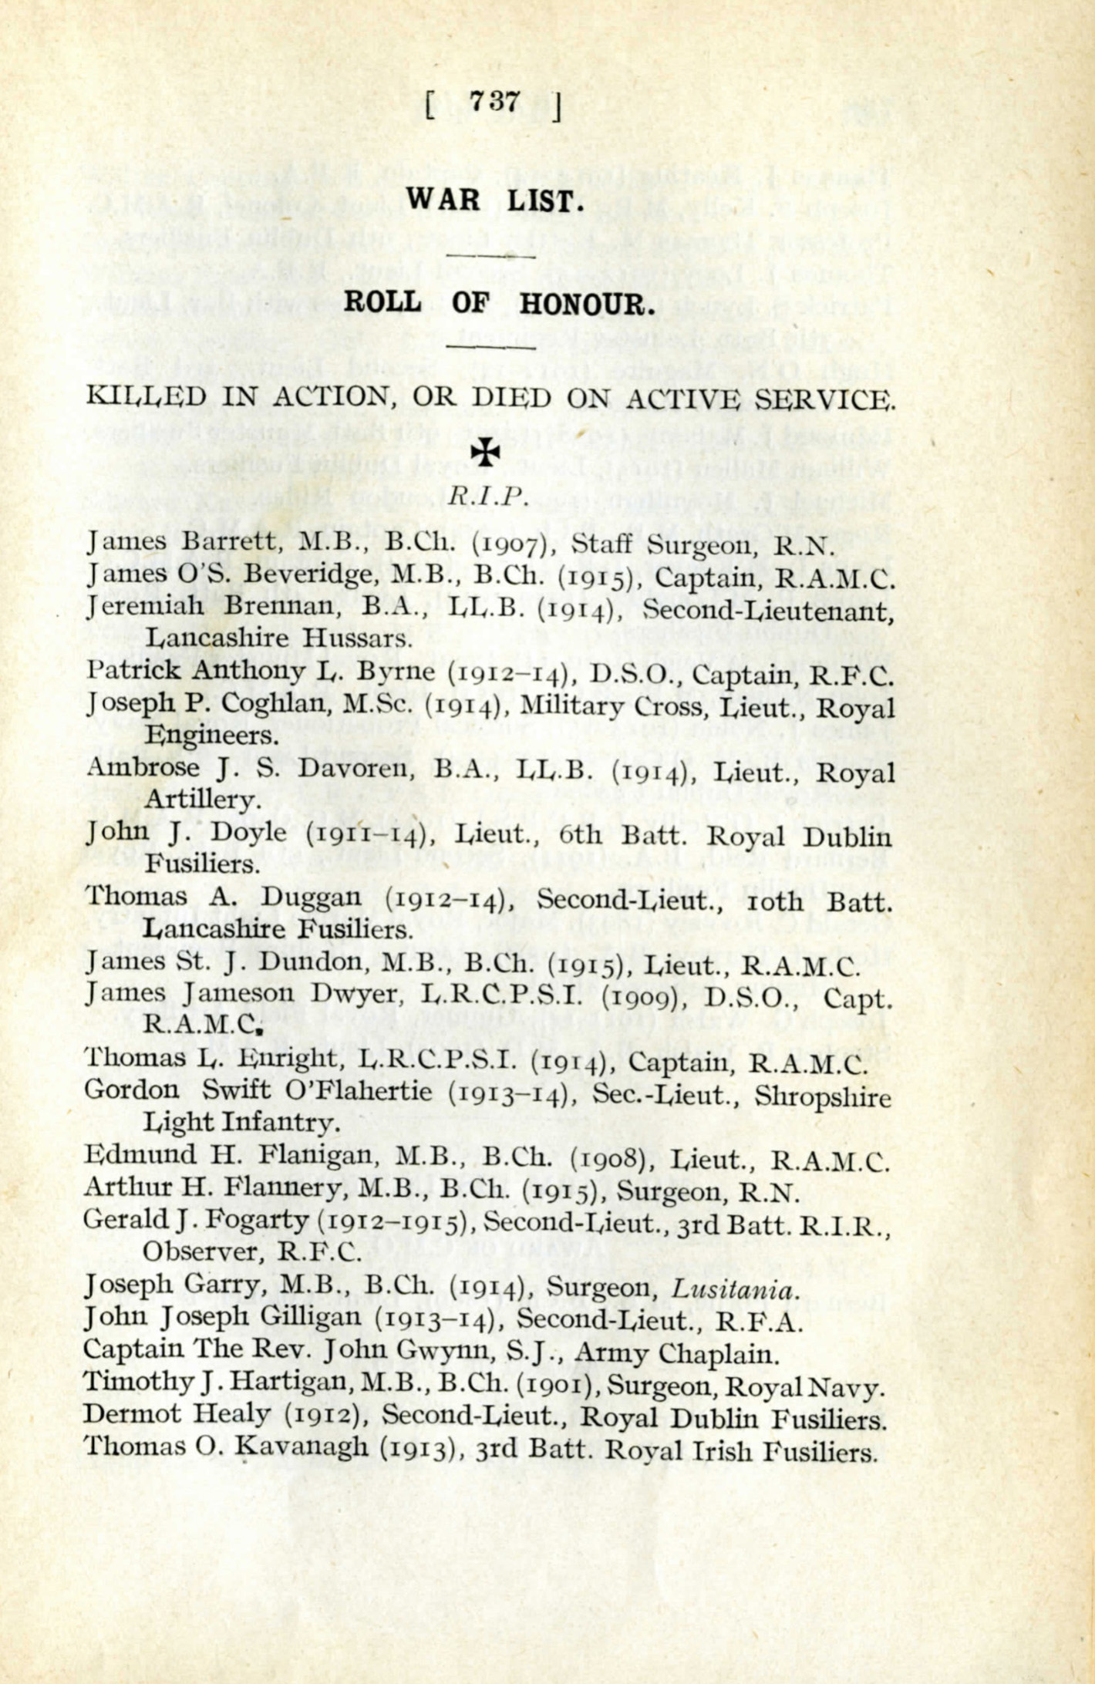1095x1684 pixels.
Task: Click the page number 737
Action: pos(494,103)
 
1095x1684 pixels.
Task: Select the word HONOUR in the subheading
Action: pos(587,303)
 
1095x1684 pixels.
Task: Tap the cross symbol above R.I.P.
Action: pos(486,453)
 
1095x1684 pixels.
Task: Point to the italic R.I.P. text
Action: pos(487,496)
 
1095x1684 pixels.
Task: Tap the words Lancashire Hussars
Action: pos(278,638)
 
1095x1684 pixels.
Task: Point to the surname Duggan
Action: pos(311,898)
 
